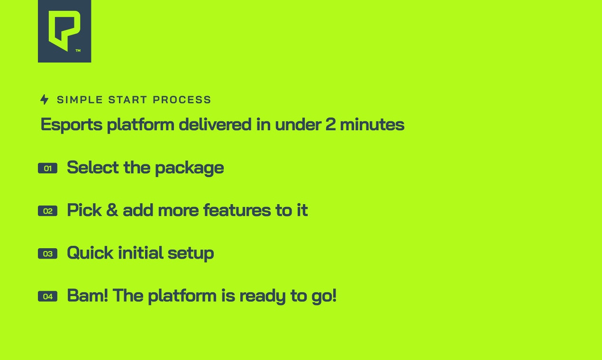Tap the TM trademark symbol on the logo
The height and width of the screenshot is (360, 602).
pos(78,51)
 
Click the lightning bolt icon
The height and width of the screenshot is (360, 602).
pos(45,99)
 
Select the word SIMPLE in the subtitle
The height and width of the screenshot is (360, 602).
pos(80,99)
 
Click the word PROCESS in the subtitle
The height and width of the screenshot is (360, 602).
pos(182,99)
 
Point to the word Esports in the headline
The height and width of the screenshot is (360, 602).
pos(72,125)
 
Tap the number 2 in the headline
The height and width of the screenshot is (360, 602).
pos(330,125)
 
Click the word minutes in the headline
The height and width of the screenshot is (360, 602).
pos(372,125)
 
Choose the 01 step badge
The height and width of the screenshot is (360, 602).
pos(47,168)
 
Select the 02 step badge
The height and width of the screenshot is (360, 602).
pos(47,211)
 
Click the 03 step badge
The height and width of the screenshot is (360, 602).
pos(47,253)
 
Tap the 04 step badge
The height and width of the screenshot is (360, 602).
pos(47,297)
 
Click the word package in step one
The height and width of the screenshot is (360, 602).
pos(190,169)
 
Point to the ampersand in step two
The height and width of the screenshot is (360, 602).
pos(112,210)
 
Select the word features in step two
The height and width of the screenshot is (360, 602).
pos(237,210)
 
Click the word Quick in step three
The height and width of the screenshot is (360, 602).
pos(90,253)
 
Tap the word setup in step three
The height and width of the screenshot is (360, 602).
pos(191,253)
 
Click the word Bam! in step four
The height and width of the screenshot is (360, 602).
pos(88,295)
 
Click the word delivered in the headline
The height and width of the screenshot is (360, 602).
pos(215,125)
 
